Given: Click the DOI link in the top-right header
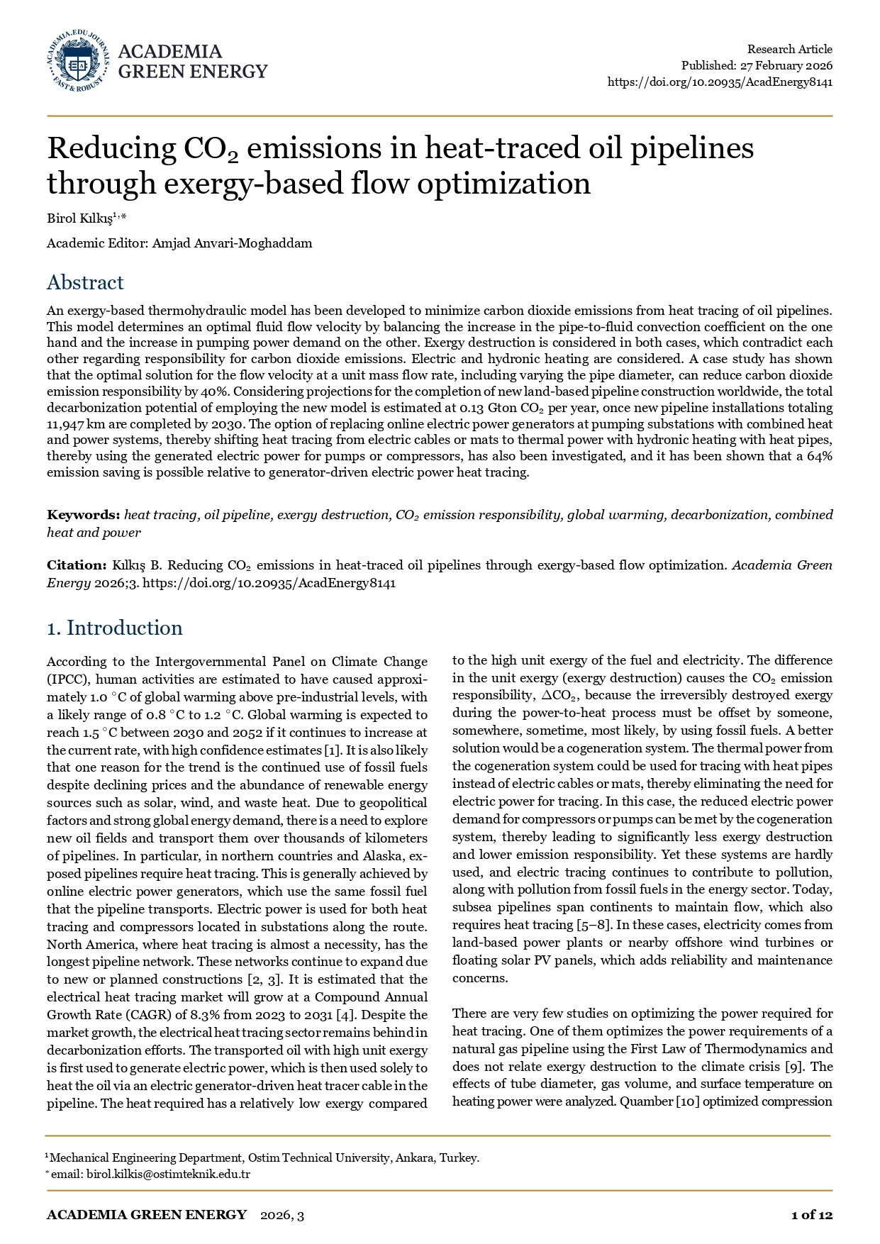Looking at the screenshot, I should (720, 82).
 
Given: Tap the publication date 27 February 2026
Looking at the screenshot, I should (786, 66).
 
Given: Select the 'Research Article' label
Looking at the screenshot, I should (789, 49).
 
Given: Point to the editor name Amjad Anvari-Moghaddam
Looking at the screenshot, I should (233, 243).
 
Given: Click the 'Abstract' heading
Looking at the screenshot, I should (85, 282).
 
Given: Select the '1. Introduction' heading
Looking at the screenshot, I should (114, 628).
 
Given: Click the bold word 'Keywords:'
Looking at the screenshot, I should (84, 515).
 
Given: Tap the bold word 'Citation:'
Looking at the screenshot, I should (77, 565).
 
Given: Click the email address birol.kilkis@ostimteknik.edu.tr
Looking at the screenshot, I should (168, 1174).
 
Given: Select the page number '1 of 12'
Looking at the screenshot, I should (811, 1215).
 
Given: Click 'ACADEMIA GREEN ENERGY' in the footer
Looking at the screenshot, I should (147, 1215).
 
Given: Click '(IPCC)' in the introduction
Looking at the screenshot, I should (67, 679).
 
